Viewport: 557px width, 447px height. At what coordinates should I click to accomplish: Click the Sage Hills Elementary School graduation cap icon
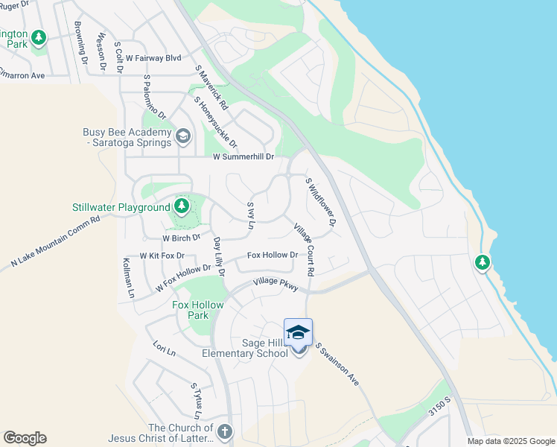coord(298,332)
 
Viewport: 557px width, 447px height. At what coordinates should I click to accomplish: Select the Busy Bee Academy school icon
coord(183,136)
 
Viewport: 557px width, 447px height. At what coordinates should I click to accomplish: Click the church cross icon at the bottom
coord(224,431)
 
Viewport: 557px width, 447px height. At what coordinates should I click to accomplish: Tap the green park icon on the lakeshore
coord(483,262)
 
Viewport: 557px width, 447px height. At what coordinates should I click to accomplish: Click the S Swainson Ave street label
coord(337,364)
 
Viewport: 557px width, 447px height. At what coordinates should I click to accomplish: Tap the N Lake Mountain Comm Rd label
coord(55,243)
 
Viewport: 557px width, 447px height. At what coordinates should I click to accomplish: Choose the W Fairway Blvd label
coord(153,57)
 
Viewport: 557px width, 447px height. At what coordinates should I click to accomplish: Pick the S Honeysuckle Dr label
coord(215,121)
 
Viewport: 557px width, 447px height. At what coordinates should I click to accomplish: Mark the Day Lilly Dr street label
coord(218,257)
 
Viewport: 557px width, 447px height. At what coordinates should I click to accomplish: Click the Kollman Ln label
coord(129,279)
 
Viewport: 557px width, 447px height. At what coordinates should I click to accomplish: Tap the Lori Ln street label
coord(163,349)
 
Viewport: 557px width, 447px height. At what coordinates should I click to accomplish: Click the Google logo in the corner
coord(25,438)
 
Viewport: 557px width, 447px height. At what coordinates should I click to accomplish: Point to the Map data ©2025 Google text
coord(511,441)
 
